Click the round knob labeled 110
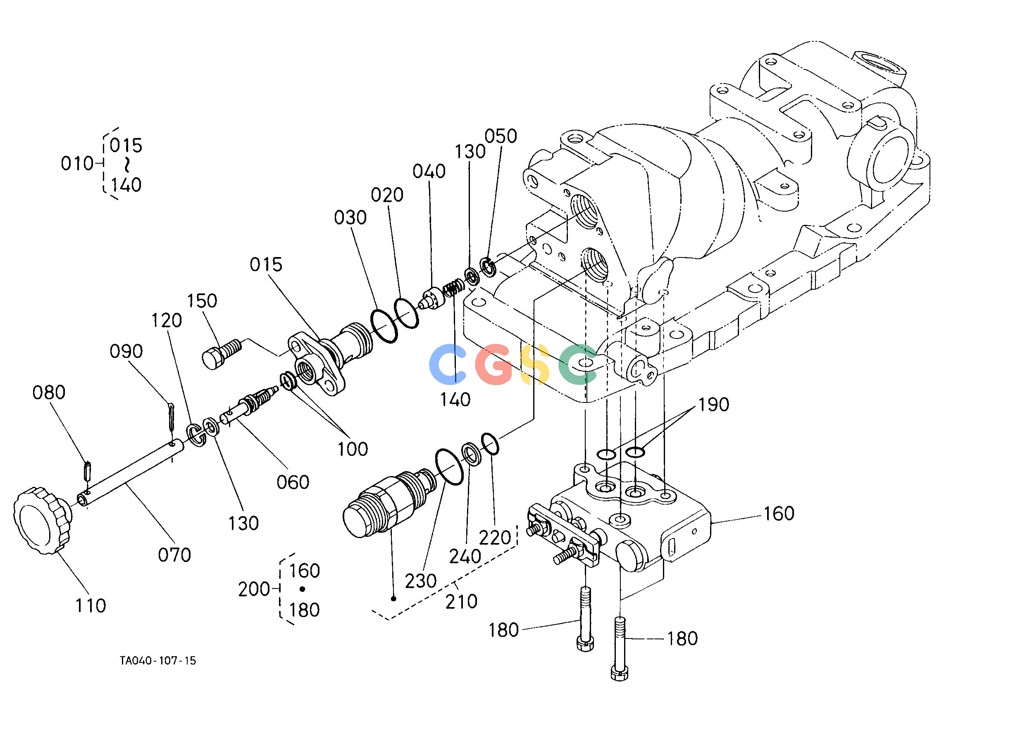pyautogui.click(x=42, y=520)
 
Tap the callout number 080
pyautogui.click(x=49, y=393)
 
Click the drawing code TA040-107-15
pyautogui.click(x=158, y=661)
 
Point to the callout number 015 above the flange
pyautogui.click(x=266, y=265)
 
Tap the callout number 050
pyautogui.click(x=501, y=136)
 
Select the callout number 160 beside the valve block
pyautogui.click(x=779, y=514)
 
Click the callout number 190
pyautogui.click(x=713, y=405)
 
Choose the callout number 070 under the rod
pyautogui.click(x=174, y=555)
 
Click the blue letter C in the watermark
pyautogui.click(x=448, y=364)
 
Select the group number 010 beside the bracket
pyautogui.click(x=77, y=164)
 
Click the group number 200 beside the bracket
pyautogui.click(x=254, y=589)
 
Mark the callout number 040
pyautogui.click(x=429, y=172)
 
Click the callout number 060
pyautogui.click(x=293, y=483)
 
